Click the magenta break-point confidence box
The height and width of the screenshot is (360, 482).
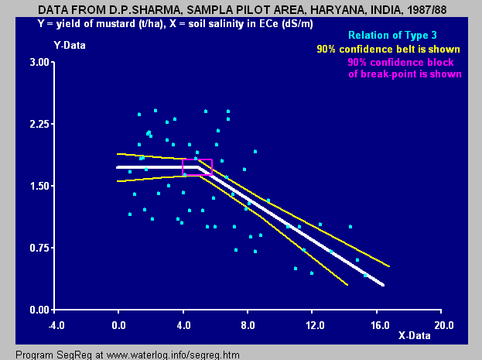coord(197,167)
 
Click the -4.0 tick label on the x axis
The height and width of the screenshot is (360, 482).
coord(53,325)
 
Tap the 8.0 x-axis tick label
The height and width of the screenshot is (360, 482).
coord(248,325)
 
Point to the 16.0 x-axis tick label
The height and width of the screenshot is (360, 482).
coord(377,325)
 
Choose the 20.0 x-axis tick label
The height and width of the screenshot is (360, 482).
coord(442,325)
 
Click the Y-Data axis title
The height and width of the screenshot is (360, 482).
coord(70,45)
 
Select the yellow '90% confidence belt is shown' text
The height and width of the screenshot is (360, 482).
coord(389,49)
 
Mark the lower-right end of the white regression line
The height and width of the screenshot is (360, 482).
coord(382,285)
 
